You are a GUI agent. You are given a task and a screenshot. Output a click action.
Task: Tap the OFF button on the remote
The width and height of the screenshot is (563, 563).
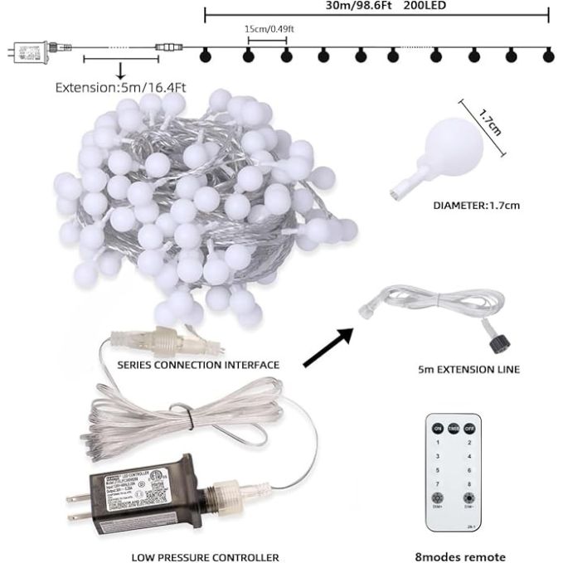pyautogui.click(x=469, y=428)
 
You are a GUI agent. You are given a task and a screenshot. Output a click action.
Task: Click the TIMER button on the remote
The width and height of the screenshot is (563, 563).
pyautogui.click(x=454, y=428)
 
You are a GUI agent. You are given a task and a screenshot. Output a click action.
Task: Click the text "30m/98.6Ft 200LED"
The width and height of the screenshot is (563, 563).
pyautogui.click(x=376, y=5)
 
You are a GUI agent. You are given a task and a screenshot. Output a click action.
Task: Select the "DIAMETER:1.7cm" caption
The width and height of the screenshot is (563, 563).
pyautogui.click(x=477, y=205)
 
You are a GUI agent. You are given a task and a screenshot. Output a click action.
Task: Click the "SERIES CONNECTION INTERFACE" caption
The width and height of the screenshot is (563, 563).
pyautogui.click(x=198, y=364)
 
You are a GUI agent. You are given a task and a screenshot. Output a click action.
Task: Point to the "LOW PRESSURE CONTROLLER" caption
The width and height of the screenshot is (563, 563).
pyautogui.click(x=204, y=557)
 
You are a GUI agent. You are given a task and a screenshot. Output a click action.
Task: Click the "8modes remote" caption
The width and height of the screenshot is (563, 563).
pyautogui.click(x=460, y=557)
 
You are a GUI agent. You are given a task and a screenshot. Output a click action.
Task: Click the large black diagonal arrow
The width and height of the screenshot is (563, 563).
pyautogui.click(x=328, y=347)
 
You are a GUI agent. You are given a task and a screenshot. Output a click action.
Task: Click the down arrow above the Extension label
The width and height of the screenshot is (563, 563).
pyautogui.click(x=119, y=70)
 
